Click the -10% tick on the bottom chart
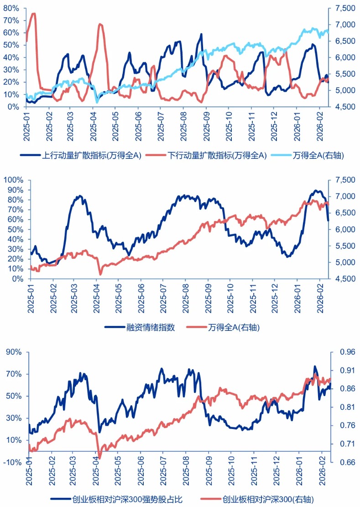click(12, 462)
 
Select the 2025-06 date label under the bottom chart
click(141, 479)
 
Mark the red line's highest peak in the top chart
click(33, 14)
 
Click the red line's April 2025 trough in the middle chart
click(100, 274)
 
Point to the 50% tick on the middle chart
click(15, 230)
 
